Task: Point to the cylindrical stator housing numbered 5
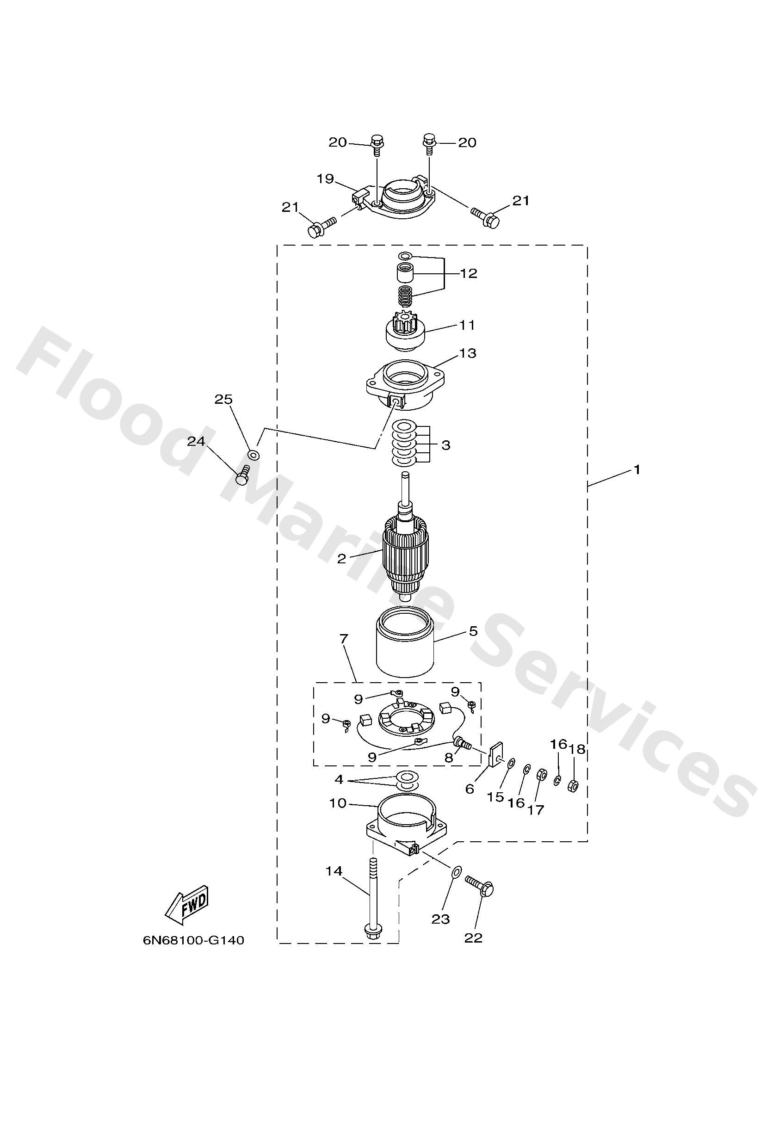pyautogui.click(x=405, y=642)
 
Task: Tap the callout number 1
pyautogui.click(x=637, y=469)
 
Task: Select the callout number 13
pyautogui.click(x=468, y=353)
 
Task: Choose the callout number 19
pyautogui.click(x=325, y=178)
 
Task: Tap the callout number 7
pyautogui.click(x=344, y=639)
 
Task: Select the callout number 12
pyautogui.click(x=469, y=273)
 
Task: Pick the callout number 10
pyautogui.click(x=338, y=803)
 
